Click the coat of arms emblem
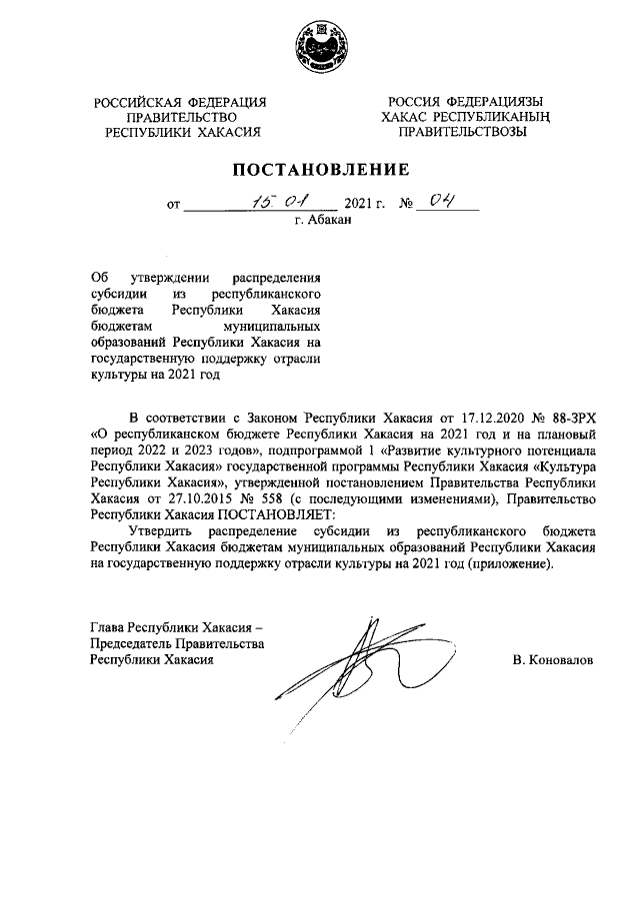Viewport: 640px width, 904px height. pos(320,45)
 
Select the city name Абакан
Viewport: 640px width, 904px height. pos(330,222)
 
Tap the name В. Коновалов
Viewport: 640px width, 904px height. pos(552,660)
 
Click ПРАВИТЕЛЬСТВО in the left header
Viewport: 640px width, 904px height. pos(181,116)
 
